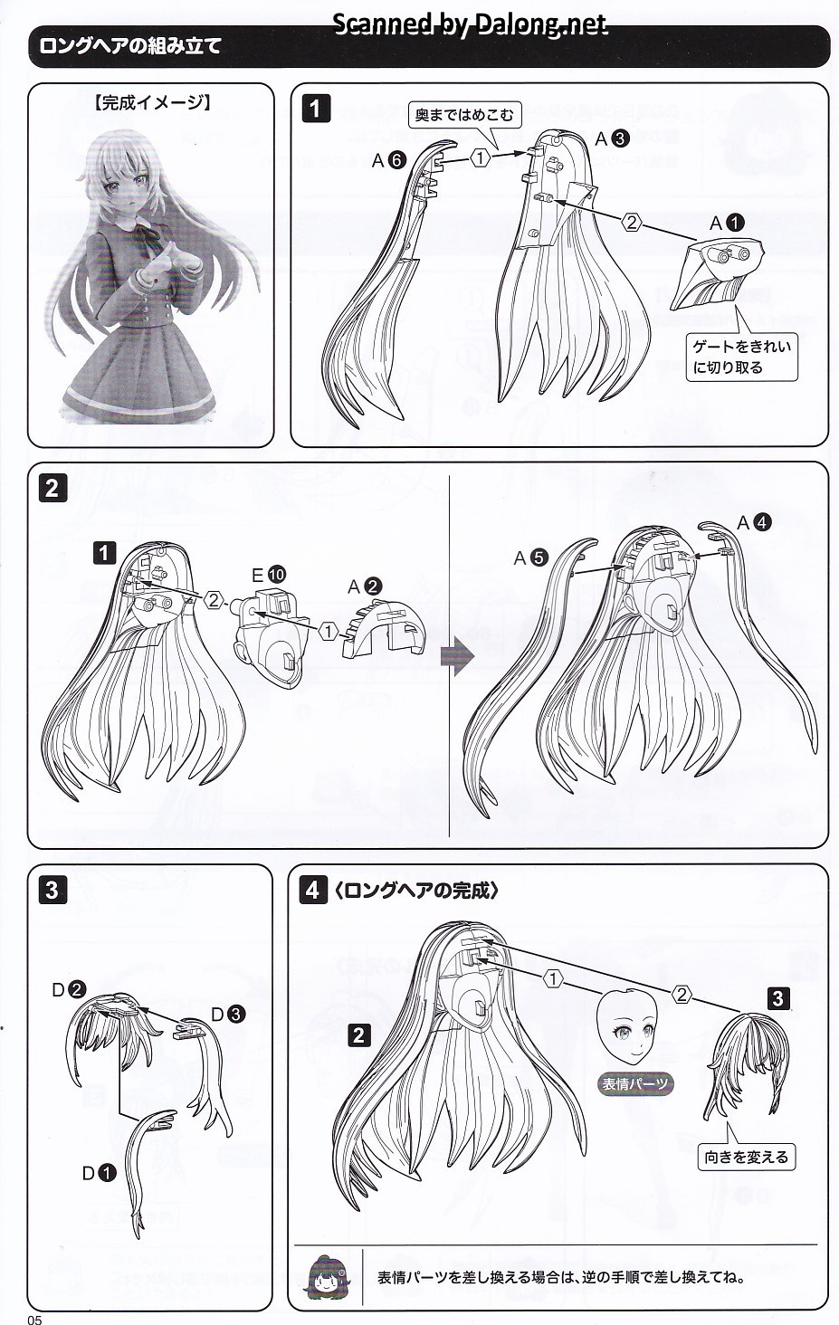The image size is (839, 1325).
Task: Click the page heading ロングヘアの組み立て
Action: point(129,46)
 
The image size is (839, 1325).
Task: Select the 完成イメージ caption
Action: point(152,102)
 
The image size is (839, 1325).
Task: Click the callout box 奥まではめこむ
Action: point(464,114)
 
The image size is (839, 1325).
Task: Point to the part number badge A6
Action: point(388,159)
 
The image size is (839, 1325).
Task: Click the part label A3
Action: point(612,139)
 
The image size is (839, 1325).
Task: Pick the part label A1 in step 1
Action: point(727,223)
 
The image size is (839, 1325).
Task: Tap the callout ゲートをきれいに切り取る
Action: point(742,357)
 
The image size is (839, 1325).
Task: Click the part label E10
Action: point(269,575)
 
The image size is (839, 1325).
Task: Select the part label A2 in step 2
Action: point(365,586)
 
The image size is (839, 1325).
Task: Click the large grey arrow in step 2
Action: point(457,656)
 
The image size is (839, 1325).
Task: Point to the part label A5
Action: point(530,558)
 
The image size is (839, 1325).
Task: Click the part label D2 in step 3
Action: point(69,989)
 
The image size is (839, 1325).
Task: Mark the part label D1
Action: point(99,1173)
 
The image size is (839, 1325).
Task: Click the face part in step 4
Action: point(626,1028)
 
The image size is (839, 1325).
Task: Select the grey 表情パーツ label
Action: point(634,1083)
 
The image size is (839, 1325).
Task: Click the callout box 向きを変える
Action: point(746,1157)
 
